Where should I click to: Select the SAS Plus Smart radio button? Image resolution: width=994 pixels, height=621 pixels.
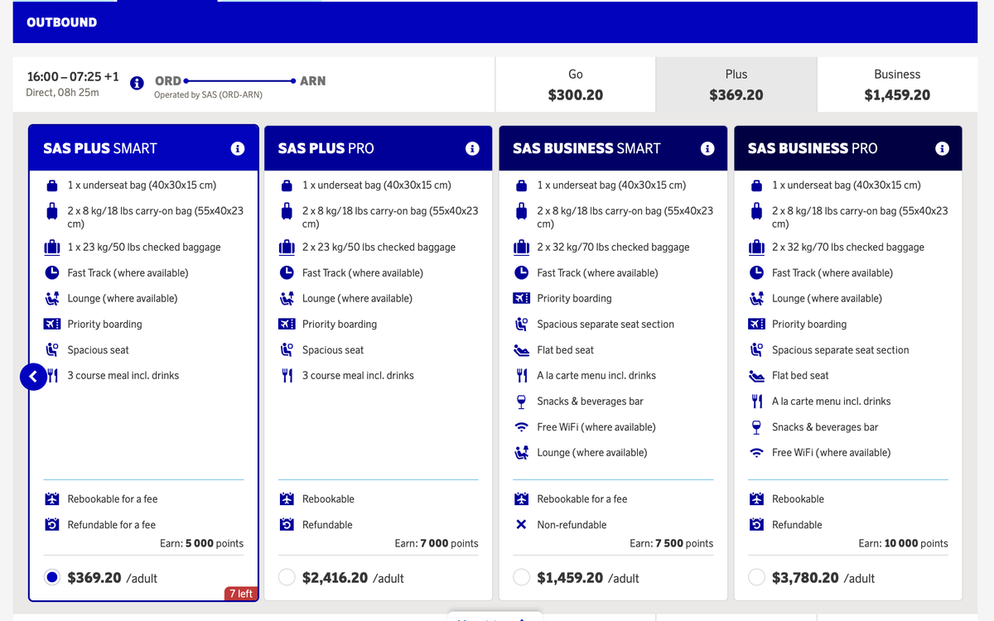(52, 577)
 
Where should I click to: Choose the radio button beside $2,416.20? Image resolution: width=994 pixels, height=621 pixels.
(287, 577)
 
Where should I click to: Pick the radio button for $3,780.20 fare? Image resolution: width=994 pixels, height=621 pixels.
(756, 577)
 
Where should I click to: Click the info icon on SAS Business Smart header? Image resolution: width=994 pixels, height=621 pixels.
(707, 148)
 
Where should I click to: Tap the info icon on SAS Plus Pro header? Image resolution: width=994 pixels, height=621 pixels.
(472, 148)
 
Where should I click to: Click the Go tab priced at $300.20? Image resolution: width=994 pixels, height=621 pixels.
(575, 84)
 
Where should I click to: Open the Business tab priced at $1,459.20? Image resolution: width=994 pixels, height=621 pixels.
(896, 84)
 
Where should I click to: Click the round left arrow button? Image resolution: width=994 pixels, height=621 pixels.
(33, 377)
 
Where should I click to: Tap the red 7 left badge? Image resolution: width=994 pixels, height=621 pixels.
(240, 593)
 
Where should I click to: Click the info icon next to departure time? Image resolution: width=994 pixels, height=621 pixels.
(138, 82)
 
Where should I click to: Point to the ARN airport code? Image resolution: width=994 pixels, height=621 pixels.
(312, 81)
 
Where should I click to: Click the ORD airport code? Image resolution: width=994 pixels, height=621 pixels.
(168, 81)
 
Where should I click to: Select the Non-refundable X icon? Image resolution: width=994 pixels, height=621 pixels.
(521, 524)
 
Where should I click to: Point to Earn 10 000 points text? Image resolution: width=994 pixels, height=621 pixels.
(903, 543)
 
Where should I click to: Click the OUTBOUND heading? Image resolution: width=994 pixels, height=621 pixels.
(61, 22)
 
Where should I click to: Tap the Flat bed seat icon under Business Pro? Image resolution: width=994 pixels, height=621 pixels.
(756, 376)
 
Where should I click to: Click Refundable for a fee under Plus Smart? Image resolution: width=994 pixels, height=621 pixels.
(111, 524)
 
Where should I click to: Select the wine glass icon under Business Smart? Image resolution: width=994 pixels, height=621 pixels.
(521, 402)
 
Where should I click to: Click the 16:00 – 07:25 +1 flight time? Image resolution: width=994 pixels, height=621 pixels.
(73, 76)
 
